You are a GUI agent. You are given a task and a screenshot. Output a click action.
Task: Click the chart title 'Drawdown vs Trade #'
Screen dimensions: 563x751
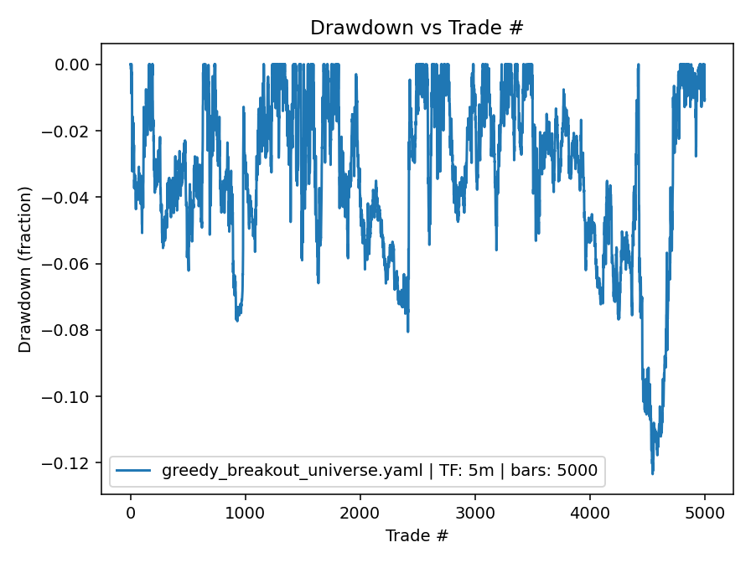click(417, 28)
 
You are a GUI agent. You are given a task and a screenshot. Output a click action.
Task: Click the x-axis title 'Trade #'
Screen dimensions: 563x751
click(417, 535)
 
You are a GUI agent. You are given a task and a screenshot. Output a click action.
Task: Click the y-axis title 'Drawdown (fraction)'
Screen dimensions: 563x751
click(25, 269)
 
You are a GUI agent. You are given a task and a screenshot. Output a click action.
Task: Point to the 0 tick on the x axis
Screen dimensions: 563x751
click(131, 513)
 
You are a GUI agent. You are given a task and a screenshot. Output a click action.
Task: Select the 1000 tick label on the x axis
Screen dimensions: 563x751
click(246, 513)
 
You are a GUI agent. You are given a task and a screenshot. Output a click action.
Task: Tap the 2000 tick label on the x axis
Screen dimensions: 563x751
click(360, 513)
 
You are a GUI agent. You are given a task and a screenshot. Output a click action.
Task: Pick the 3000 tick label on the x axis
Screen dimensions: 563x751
click(475, 513)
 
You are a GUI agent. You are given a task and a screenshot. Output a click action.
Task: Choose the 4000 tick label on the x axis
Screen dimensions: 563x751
click(590, 513)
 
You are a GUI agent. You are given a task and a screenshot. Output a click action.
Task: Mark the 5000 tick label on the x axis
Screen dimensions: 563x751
click(705, 513)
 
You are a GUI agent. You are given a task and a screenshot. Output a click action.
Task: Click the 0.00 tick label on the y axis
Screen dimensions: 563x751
click(77, 65)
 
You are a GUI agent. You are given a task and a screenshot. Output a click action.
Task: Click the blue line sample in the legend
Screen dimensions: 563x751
click(133, 472)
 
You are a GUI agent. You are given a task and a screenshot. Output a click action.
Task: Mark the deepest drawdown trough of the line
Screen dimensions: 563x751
click(652, 474)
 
